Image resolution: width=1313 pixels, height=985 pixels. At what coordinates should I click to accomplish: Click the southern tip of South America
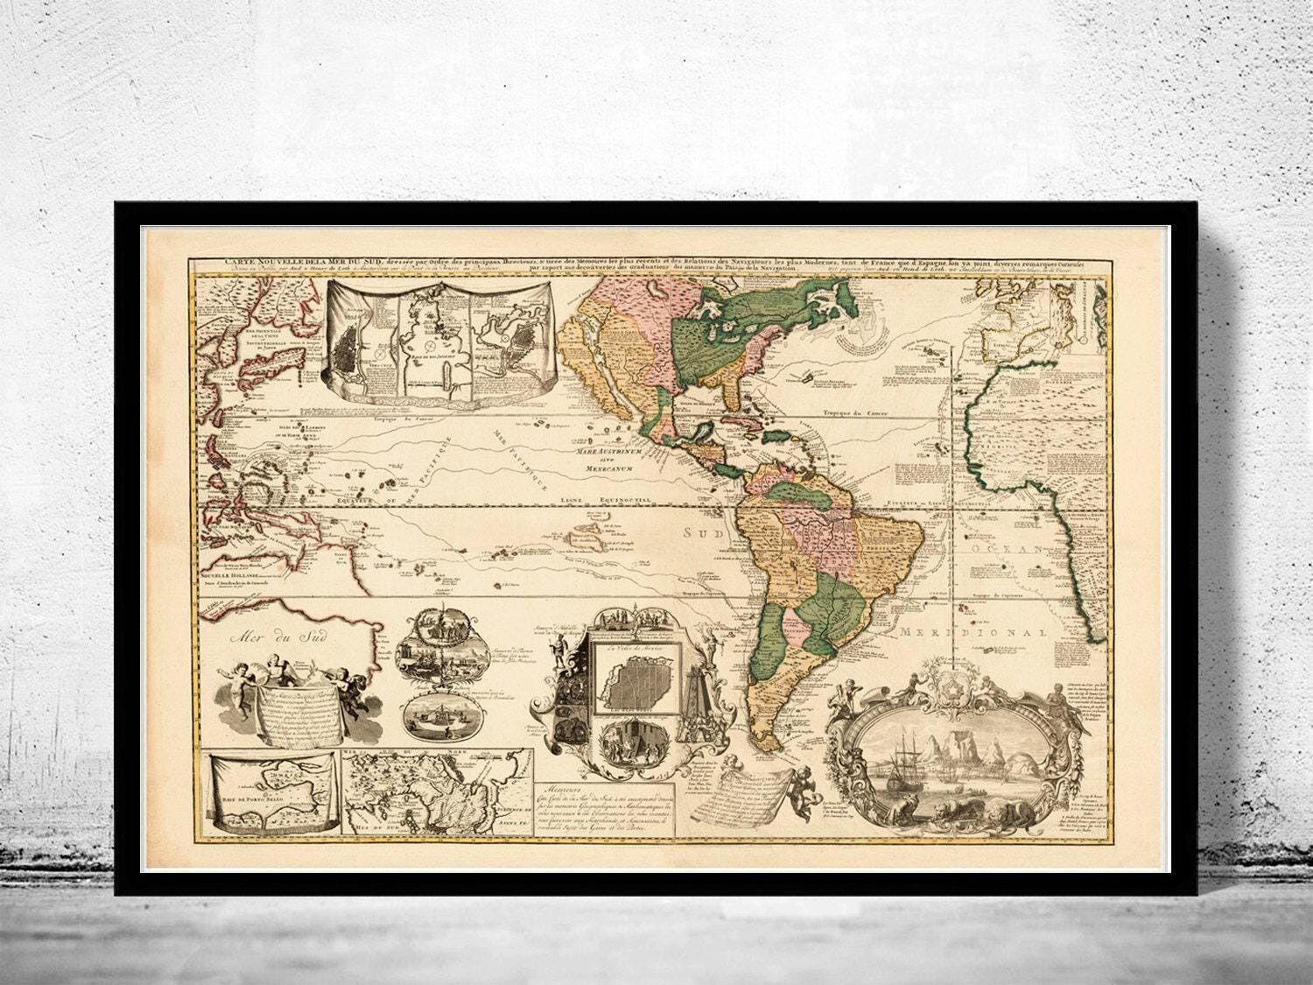763,732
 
